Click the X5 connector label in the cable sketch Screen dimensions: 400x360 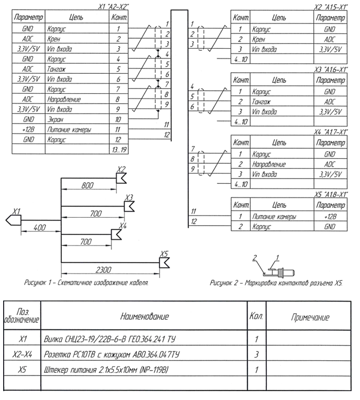point(164,254)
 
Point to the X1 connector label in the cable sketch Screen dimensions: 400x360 point(17,211)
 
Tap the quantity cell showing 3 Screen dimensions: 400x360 point(256,354)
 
